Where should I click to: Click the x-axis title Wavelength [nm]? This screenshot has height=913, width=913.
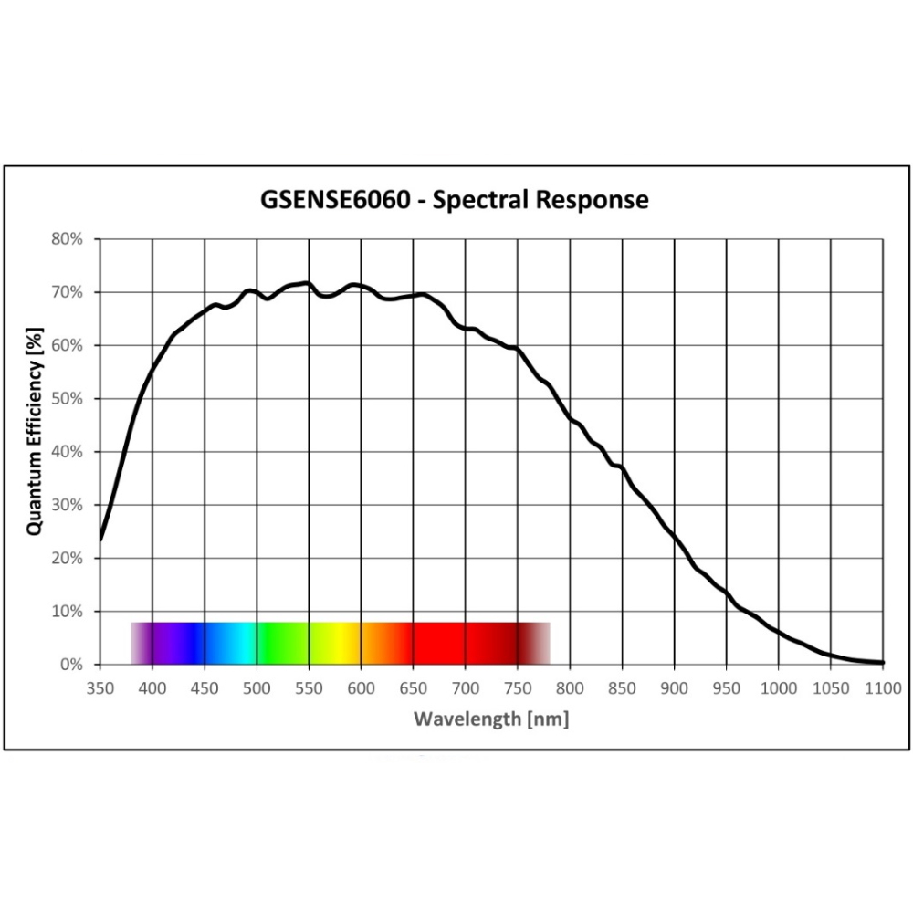pos(491,719)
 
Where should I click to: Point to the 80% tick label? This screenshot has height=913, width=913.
pos(68,239)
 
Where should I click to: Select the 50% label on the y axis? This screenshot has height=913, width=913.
pos(68,399)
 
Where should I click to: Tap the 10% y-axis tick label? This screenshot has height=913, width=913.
pos(68,612)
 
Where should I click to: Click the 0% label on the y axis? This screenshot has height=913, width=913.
pos(71,665)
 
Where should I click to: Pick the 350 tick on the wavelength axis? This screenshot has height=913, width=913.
pos(100,687)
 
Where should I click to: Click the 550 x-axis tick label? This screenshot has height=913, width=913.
pos(309,687)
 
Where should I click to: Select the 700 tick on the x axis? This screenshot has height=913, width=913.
pos(466,687)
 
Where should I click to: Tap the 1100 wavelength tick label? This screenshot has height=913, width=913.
pos(883,687)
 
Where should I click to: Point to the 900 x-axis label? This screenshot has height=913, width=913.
pos(675,687)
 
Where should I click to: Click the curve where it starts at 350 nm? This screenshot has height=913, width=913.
pos(100,539)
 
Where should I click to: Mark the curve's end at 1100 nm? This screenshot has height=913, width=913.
pos(882,662)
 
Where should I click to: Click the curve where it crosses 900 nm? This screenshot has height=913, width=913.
pos(675,537)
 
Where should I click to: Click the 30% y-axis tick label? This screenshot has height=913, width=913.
pos(68,505)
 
